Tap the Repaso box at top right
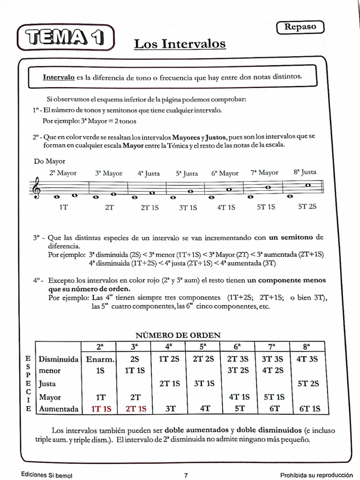click(300, 27)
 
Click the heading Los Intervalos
click(180, 44)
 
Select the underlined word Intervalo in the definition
click(59, 77)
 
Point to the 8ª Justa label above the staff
click(305, 172)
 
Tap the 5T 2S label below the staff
click(307, 206)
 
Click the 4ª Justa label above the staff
click(149, 173)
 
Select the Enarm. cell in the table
click(99, 360)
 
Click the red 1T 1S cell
click(99, 409)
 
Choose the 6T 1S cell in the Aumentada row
click(309, 409)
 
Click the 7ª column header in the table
click(272, 347)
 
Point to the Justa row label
click(47, 384)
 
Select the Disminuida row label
click(58, 360)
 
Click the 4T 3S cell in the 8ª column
click(307, 360)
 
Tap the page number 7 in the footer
click(186, 475)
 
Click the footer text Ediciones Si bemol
click(46, 475)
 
